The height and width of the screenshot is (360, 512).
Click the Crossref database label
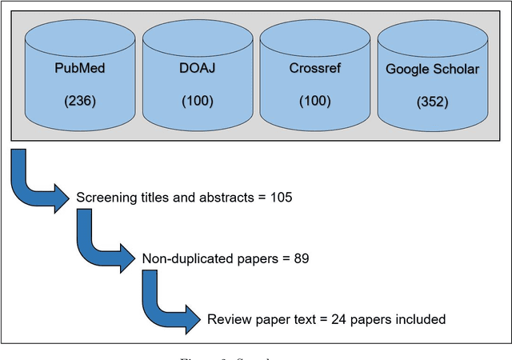(314, 67)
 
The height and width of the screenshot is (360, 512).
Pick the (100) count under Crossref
(314, 102)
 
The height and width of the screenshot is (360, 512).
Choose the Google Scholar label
(432, 69)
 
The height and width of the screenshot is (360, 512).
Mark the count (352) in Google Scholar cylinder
(432, 103)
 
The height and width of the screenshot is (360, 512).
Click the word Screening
(104, 198)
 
